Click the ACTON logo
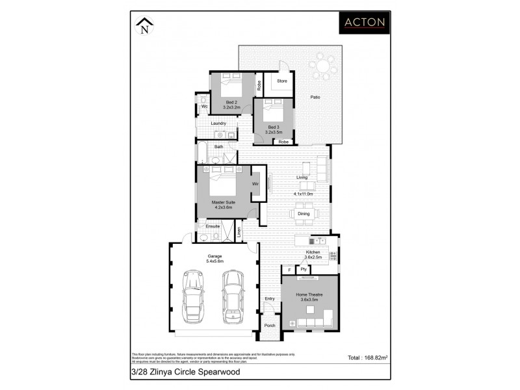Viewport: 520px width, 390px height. [365, 22]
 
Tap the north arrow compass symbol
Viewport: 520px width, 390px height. [145, 26]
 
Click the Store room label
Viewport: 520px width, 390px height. [281, 81]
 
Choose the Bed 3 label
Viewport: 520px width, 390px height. [272, 127]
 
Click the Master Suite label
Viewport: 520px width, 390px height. [223, 202]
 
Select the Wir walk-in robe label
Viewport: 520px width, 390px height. [256, 185]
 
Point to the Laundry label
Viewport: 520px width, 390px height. [218, 123]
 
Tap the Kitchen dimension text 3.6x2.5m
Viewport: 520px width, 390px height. [313, 257]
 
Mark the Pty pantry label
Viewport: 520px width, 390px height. [303, 269]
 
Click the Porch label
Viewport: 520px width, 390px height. [270, 327]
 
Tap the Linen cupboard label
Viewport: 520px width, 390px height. [240, 231]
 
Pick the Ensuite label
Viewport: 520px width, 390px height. [213, 226]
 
